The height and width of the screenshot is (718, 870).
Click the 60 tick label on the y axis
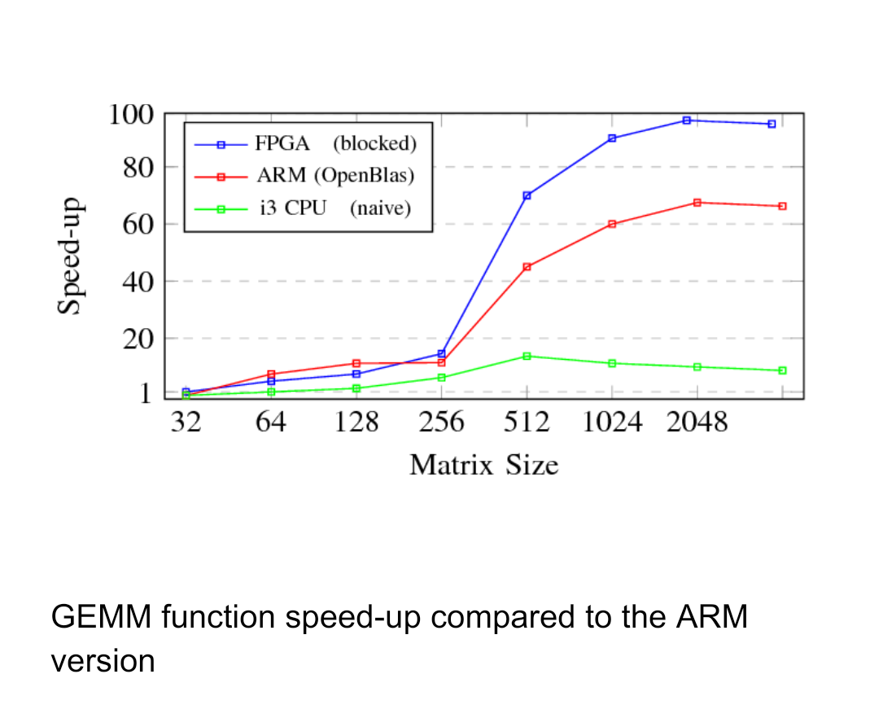point(138,224)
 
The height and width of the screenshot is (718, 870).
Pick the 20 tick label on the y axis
point(138,338)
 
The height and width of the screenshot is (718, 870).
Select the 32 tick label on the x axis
point(186,423)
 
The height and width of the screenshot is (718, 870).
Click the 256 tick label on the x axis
point(441,423)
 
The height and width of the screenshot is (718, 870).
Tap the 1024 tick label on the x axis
point(612,423)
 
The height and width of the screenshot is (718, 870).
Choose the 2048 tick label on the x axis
point(697,423)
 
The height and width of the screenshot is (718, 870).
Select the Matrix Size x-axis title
point(483,466)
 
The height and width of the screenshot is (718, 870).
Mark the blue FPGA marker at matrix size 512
point(527,195)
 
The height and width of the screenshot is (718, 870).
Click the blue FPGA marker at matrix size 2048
point(687,120)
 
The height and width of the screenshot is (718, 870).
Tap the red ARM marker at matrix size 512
point(527,267)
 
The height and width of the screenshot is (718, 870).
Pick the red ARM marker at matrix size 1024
point(612,224)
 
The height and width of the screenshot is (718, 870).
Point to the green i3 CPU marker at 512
point(527,356)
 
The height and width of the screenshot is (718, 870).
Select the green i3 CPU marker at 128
point(356,388)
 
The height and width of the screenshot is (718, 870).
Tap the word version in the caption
point(103,660)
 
